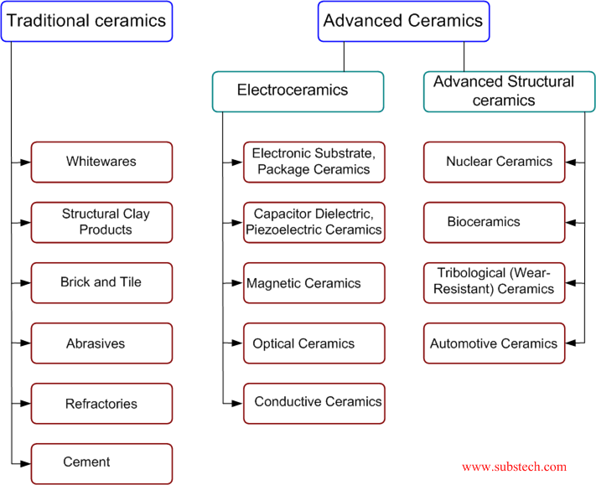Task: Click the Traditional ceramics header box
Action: click(87, 22)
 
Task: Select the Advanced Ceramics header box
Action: click(403, 22)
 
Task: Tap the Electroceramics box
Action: click(298, 91)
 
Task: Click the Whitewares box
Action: click(101, 162)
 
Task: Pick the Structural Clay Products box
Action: click(101, 222)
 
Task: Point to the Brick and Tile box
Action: click(101, 283)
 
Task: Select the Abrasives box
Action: click(101, 343)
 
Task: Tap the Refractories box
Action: click(101, 404)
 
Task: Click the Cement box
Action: click(101, 463)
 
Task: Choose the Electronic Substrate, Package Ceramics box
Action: click(314, 162)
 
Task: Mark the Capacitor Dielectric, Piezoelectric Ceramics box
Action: click(314, 222)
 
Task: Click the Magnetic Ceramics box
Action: click(314, 283)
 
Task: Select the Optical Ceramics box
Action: click(314, 343)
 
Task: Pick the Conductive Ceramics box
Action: click(314, 402)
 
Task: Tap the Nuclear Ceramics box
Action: click(494, 162)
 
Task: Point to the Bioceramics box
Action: click(494, 222)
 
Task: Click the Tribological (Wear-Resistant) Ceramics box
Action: click(494, 282)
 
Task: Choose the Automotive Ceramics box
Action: click(494, 343)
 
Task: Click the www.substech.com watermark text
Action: click(514, 467)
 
